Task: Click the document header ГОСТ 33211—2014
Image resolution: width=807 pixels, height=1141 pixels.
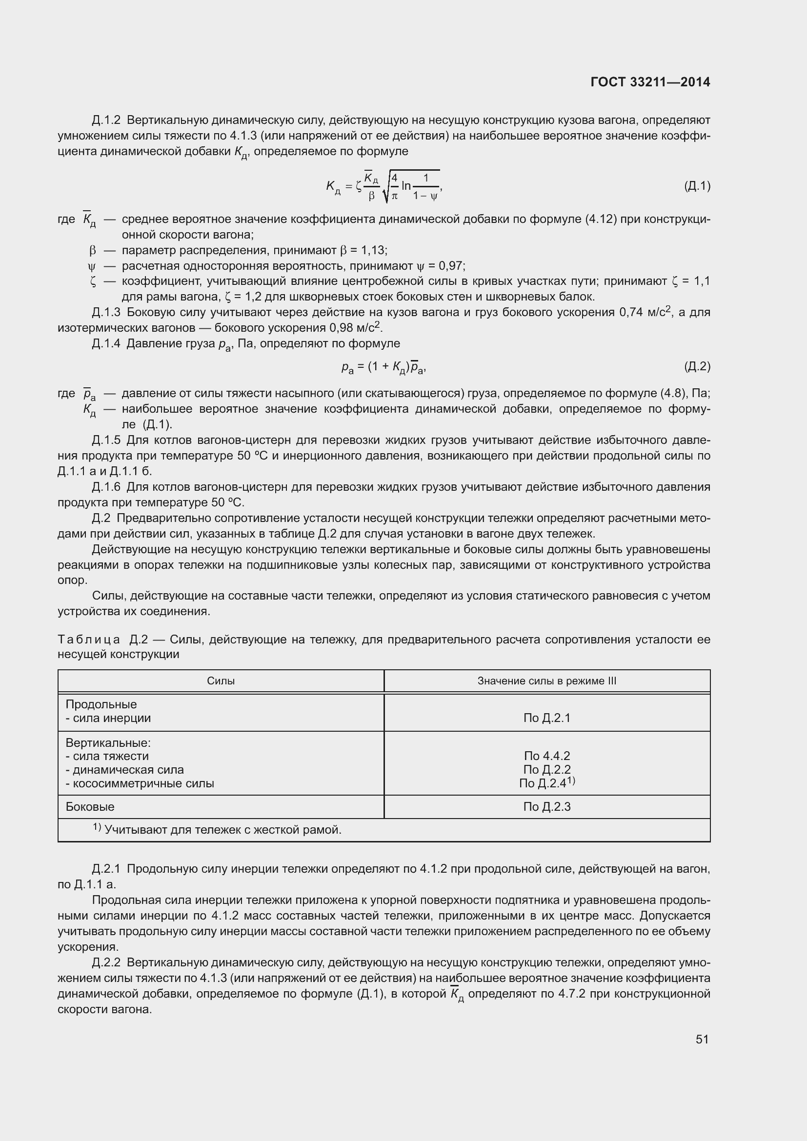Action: [x=650, y=82]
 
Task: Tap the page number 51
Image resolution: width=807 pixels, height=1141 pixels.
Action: [x=702, y=1039]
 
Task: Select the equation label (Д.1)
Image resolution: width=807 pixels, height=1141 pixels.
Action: [x=697, y=186]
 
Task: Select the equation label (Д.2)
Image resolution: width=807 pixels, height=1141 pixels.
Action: [x=697, y=367]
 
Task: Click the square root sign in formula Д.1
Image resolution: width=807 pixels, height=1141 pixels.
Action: [x=386, y=188]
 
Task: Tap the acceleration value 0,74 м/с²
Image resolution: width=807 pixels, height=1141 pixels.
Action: [x=645, y=312]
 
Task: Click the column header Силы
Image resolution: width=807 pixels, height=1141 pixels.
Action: [x=221, y=681]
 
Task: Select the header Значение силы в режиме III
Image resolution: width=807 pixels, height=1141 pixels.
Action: [x=546, y=681]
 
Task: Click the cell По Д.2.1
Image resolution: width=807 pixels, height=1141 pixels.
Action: [x=546, y=718]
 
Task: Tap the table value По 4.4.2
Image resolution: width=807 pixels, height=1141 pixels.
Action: [x=546, y=756]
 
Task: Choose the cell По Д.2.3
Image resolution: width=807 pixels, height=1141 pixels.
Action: [x=546, y=806]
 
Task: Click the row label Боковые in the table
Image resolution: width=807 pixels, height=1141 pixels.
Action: [x=90, y=806]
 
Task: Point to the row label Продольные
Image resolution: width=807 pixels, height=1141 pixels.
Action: [x=101, y=704]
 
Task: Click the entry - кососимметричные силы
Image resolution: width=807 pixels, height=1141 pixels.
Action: [x=140, y=783]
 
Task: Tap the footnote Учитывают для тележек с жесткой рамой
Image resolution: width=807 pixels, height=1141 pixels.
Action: [x=222, y=830]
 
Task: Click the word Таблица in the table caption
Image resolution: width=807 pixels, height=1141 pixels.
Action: [x=89, y=639]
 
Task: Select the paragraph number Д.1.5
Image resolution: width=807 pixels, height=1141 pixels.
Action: [x=106, y=440]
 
